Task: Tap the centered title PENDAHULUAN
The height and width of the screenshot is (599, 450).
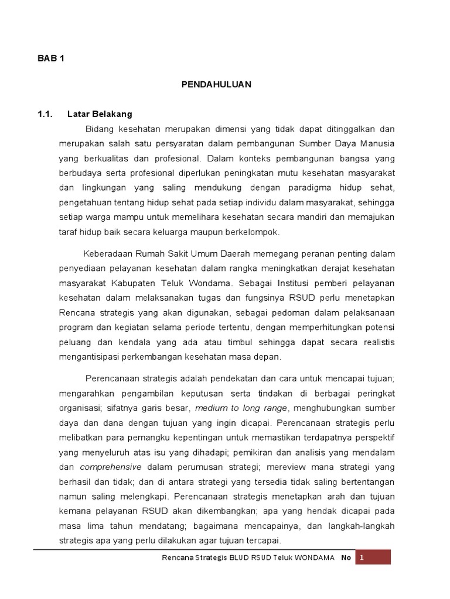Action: click(x=216, y=84)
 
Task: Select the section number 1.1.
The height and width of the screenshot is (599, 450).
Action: click(x=46, y=113)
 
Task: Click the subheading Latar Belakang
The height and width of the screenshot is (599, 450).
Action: click(x=100, y=113)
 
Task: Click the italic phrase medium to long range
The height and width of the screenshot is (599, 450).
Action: click(x=241, y=408)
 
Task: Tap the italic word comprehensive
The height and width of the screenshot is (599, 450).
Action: click(x=111, y=467)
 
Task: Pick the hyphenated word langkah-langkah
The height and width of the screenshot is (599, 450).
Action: click(x=363, y=526)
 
